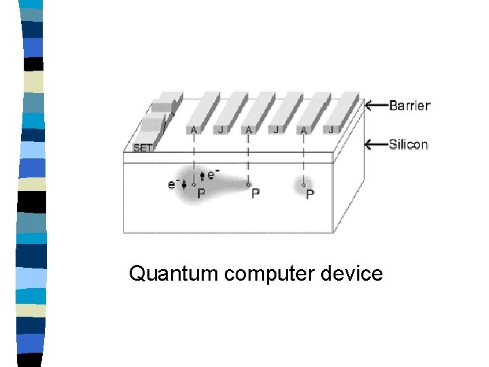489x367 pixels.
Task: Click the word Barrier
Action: (410, 105)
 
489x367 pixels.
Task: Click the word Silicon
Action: (408, 144)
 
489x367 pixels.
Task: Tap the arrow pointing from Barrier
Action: (376, 105)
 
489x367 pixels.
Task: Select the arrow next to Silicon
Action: (376, 144)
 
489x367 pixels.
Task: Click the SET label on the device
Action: (143, 147)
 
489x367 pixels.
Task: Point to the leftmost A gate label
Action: (194, 130)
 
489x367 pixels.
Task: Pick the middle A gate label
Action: (248, 130)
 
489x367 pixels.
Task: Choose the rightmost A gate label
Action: (303, 130)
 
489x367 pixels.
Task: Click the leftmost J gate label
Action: (221, 130)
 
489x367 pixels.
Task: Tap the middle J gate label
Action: (276, 130)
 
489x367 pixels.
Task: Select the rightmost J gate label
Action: (331, 129)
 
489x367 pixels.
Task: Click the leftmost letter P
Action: (201, 194)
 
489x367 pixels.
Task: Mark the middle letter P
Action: (255, 194)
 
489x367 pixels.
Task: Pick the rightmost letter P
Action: (310, 194)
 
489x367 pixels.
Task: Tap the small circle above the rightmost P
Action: (303, 183)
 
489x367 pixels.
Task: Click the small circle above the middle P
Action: (248, 183)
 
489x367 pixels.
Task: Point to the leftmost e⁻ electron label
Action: (173, 183)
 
